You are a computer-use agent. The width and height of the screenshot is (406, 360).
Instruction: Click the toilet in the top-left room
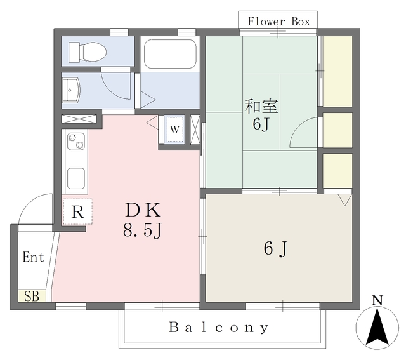pyautogui.click(x=88, y=52)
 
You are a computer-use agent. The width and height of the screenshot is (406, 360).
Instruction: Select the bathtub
pyautogui.click(x=170, y=54)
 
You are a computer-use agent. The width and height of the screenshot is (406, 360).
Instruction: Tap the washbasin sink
pyautogui.click(x=71, y=90)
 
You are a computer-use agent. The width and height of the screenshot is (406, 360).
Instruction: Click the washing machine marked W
pyautogui.click(x=175, y=129)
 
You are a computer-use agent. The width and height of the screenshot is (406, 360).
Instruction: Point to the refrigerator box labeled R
pyautogui.click(x=77, y=212)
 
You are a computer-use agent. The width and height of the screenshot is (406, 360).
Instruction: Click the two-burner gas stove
pyautogui.click(x=76, y=142)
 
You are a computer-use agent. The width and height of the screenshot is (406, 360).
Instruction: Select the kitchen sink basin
pyautogui.click(x=76, y=178)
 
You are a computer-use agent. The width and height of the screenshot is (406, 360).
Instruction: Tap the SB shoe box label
pyautogui.click(x=32, y=297)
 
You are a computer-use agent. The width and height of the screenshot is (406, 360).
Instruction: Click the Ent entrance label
pyautogui.click(x=34, y=257)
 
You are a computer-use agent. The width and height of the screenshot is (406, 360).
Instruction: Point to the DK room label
pyautogui.click(x=143, y=210)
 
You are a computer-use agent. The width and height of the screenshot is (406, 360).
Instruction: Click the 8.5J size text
pyautogui.click(x=143, y=230)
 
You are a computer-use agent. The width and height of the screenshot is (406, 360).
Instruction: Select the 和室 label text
pyautogui.click(x=261, y=107)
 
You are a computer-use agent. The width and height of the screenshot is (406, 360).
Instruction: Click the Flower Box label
pyautogui.click(x=278, y=21)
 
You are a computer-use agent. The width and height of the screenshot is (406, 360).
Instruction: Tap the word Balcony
pyautogui.click(x=218, y=328)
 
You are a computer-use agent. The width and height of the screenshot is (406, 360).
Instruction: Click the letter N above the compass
pyautogui.click(x=377, y=300)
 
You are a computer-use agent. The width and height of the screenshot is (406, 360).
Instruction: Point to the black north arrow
pyautogui.click(x=377, y=327)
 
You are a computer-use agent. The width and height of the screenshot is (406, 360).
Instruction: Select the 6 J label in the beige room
pyautogui.click(x=275, y=248)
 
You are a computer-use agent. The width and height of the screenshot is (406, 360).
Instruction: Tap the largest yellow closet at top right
pyautogui.click(x=337, y=71)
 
